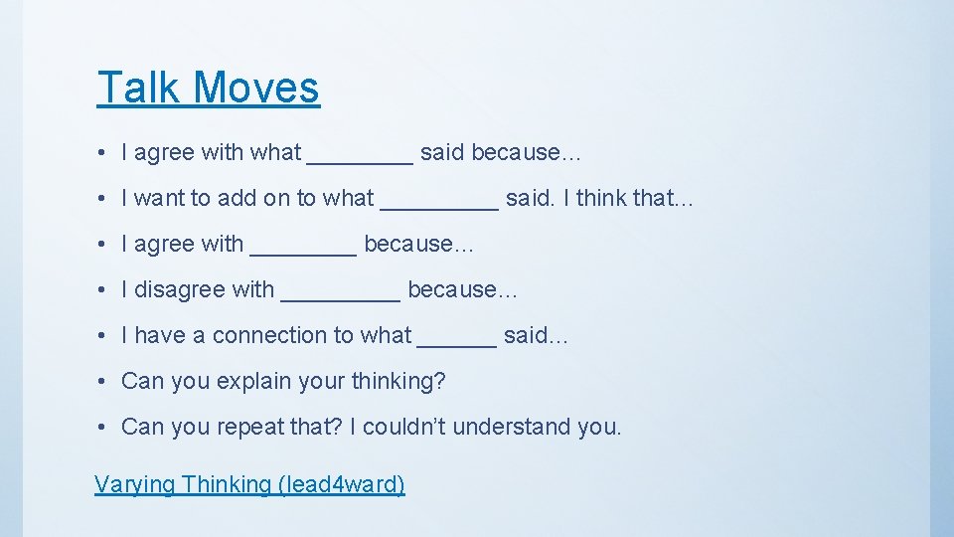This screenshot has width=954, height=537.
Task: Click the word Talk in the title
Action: point(138,88)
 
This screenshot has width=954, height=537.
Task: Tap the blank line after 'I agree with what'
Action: point(360,158)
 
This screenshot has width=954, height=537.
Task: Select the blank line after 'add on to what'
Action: point(439,204)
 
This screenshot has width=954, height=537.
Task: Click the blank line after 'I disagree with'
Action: point(341,295)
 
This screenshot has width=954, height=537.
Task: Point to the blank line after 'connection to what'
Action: point(457,341)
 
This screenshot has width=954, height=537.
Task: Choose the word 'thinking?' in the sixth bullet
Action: point(397,382)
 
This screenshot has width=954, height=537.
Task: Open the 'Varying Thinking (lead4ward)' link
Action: point(249,484)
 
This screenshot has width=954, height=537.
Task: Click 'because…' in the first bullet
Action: point(527,153)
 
